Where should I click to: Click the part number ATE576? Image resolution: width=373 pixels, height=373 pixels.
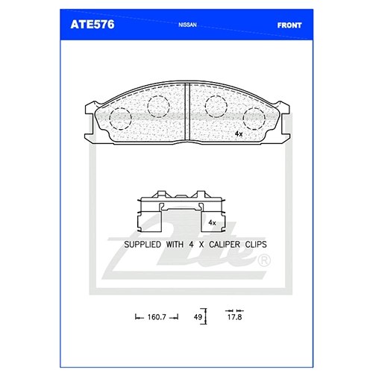pos(93,25)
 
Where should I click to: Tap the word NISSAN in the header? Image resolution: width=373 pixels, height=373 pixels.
pos(187,25)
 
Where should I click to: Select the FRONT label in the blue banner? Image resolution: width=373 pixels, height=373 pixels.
pos(289,25)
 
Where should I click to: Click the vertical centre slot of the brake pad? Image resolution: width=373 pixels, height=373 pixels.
pos(188,111)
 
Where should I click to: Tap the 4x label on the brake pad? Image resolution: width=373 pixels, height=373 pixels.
pos(239,134)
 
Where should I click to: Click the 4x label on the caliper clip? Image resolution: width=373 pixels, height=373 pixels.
pos(212,222)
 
